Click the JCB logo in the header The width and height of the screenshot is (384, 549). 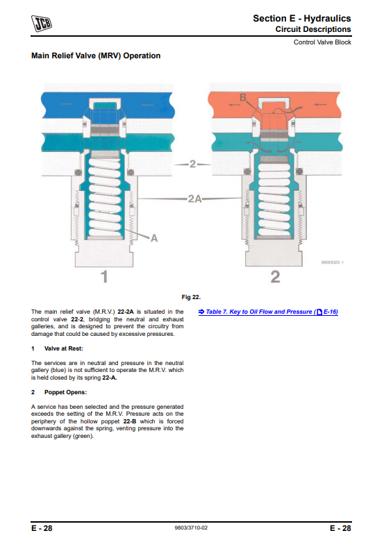point(42,24)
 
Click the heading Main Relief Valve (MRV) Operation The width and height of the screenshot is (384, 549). point(96,56)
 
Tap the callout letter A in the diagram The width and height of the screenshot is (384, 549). point(154,239)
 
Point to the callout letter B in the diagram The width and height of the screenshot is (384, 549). point(243,97)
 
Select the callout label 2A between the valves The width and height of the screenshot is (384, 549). point(195,199)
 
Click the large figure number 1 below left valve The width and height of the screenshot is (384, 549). point(104,277)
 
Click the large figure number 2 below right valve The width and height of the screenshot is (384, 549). point(276,277)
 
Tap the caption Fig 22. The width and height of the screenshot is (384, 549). point(191,297)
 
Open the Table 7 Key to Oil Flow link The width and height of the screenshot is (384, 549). point(268,312)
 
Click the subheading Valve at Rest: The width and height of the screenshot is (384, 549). point(64,348)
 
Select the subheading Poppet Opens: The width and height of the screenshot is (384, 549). point(65,392)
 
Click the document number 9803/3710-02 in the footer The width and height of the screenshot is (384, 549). point(191,527)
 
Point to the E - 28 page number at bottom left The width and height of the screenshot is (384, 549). point(42,528)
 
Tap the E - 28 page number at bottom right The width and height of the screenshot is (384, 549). point(340,528)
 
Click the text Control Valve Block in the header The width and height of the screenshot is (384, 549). point(322,42)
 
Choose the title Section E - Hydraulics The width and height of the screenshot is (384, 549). point(302,18)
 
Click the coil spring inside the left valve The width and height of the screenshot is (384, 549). point(105,196)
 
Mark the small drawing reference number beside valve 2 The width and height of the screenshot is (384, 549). point(333,262)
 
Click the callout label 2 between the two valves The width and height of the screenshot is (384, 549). point(192,164)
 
